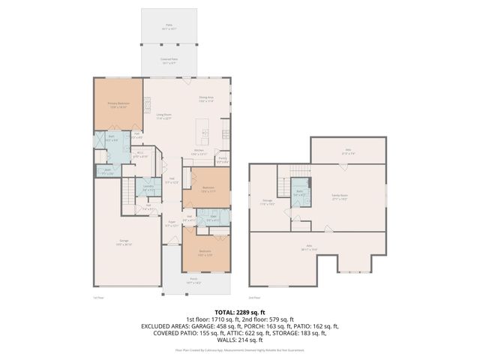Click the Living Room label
tap(164, 115)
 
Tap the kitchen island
tap(203, 132)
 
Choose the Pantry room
tap(222, 159)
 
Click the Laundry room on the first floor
tap(148, 188)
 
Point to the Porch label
tap(193, 280)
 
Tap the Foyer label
tap(171, 223)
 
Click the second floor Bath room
tap(298, 193)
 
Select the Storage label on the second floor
tap(267, 201)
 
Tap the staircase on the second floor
tap(285, 179)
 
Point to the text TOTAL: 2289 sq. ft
tap(239, 311)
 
